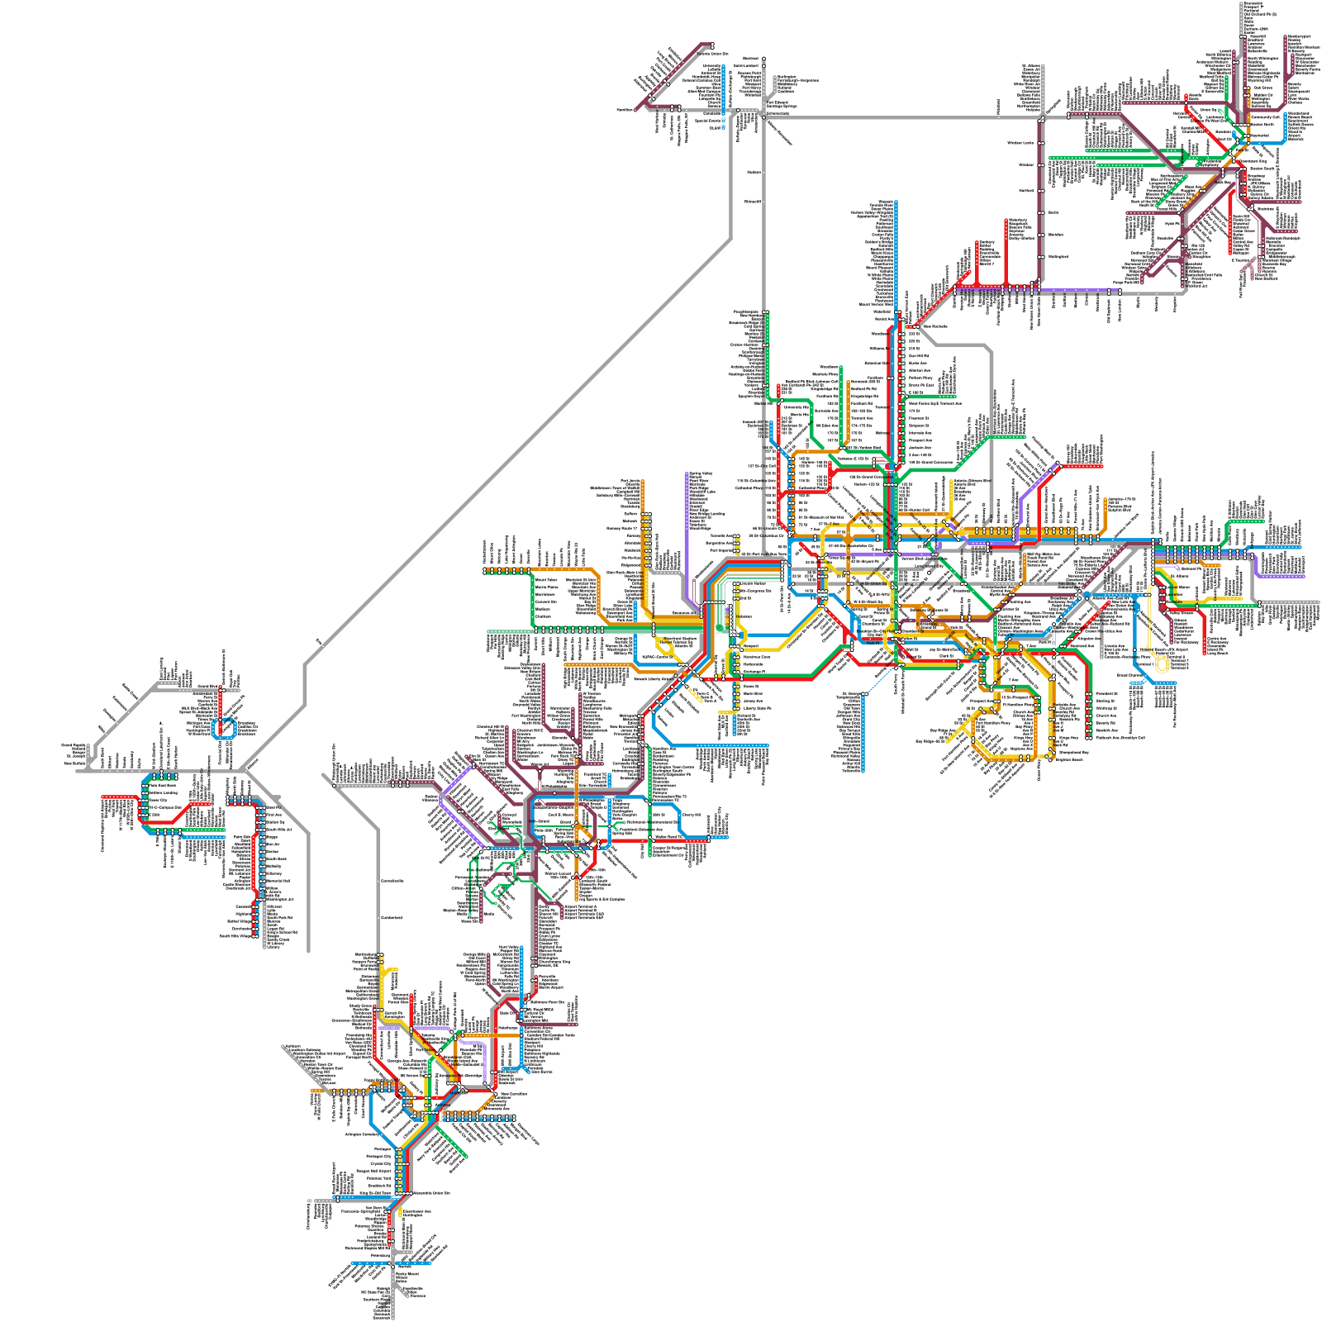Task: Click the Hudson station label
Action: coord(753,173)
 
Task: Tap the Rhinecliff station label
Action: coord(753,202)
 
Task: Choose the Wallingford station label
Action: coord(1058,256)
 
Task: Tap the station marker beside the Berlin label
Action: coord(1041,212)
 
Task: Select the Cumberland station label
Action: coord(392,918)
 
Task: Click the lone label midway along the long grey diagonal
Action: coord(318,640)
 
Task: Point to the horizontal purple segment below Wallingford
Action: coord(1074,291)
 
